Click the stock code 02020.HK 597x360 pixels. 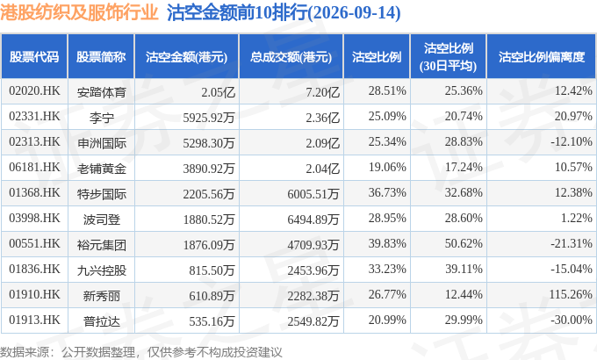click(x=34, y=90)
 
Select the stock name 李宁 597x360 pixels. click(x=101, y=118)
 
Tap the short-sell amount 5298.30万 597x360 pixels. click(x=209, y=143)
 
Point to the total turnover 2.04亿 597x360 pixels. click(x=322, y=169)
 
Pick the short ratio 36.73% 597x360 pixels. click(x=387, y=192)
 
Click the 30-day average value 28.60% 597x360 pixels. click(x=464, y=218)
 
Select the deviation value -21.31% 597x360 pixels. click(x=572, y=243)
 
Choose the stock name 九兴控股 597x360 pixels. click(x=101, y=270)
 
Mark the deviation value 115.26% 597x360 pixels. click(x=571, y=294)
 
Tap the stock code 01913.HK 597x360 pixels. click(x=34, y=320)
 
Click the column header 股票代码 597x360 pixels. click(x=34, y=57)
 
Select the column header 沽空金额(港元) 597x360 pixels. click(x=186, y=57)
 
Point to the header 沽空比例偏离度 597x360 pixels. click(x=542, y=57)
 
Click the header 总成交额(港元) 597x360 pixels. click(x=291, y=57)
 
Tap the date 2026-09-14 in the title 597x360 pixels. click(x=354, y=13)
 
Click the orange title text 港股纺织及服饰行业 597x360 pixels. click(x=79, y=12)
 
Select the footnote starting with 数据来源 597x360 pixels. click(x=140, y=351)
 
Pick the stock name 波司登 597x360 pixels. click(x=101, y=220)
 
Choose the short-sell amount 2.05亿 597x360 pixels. click(x=218, y=92)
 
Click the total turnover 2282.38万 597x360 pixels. click(x=313, y=296)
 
